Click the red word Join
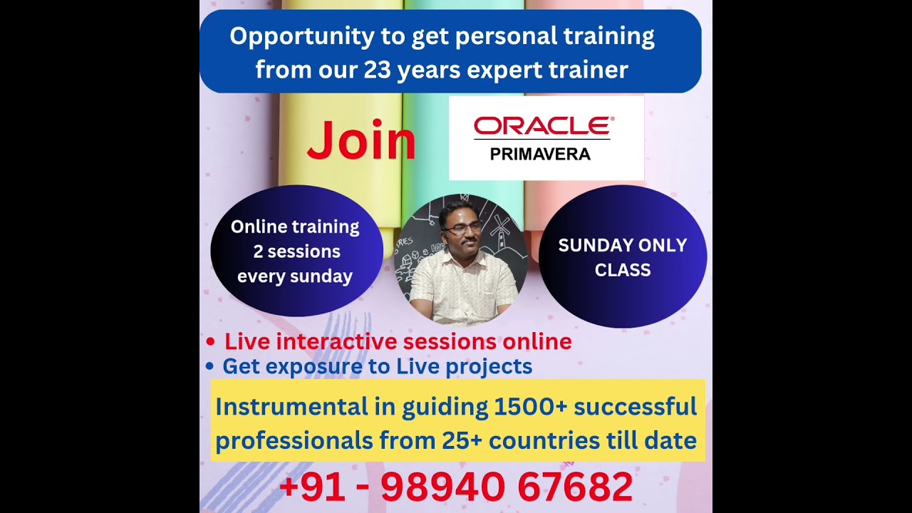[x=361, y=140]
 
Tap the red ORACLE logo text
[x=544, y=126]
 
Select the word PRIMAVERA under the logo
[x=540, y=155]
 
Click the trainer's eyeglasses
[x=463, y=229]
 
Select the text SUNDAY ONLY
[x=623, y=245]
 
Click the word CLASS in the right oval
[x=623, y=270]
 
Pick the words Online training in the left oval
[x=295, y=227]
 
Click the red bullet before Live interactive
[x=210, y=341]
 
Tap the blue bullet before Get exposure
[x=209, y=366]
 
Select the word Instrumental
[x=291, y=407]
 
